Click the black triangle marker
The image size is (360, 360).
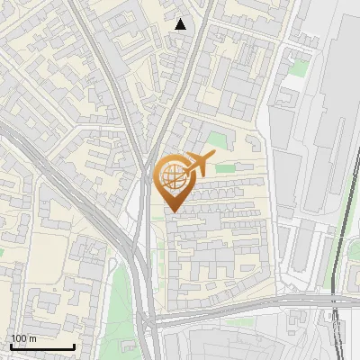coord(181,24)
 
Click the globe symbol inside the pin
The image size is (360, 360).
coord(171,177)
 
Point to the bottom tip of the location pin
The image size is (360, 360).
coord(171,211)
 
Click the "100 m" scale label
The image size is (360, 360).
coord(22,338)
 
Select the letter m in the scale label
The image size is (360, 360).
coord(31,338)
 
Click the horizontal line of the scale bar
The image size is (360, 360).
coord(41,346)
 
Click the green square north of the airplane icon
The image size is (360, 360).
coord(216,139)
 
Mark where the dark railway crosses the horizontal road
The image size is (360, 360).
coord(334,298)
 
